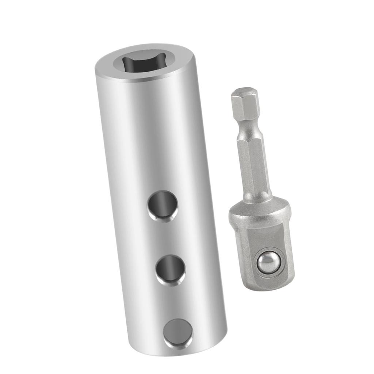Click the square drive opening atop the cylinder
coord(144,63)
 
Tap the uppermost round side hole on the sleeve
coord(163,205)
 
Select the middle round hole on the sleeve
coord(171,270)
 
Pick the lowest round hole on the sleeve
coord(178,333)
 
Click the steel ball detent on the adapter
coord(268,263)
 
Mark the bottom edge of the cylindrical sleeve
coord(179,353)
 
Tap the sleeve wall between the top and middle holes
coord(167,237)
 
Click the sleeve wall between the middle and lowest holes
coord(174,301)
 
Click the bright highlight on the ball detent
coord(265,260)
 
